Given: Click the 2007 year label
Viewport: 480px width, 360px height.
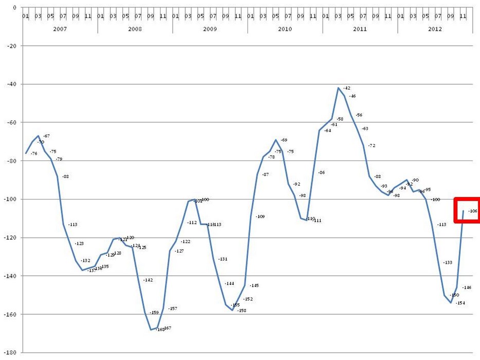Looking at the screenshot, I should click(60, 29).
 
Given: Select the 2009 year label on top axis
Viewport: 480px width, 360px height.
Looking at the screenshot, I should click(210, 29).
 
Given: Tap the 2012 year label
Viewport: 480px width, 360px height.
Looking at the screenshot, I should click(435, 29).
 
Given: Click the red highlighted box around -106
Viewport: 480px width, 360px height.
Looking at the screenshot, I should click(467, 210).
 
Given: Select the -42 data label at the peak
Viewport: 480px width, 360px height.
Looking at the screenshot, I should click(346, 88).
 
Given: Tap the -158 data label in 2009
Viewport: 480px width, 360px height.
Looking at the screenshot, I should click(242, 311).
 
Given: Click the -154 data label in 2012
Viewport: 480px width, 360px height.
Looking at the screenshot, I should click(460, 303).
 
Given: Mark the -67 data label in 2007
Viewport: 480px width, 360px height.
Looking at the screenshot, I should click(46, 136).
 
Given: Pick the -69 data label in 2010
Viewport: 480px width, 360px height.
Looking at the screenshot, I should click(283, 140).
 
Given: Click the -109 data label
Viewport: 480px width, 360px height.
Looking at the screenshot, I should click(260, 217).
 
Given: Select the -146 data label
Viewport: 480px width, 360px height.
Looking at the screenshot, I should click(467, 287).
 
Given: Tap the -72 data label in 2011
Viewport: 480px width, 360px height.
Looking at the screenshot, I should click(371, 146).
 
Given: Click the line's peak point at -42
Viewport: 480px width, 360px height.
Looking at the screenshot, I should click(338, 88).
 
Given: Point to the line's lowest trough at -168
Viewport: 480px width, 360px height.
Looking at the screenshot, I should click(151, 330).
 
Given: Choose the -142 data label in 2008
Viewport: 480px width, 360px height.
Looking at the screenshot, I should click(148, 280).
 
